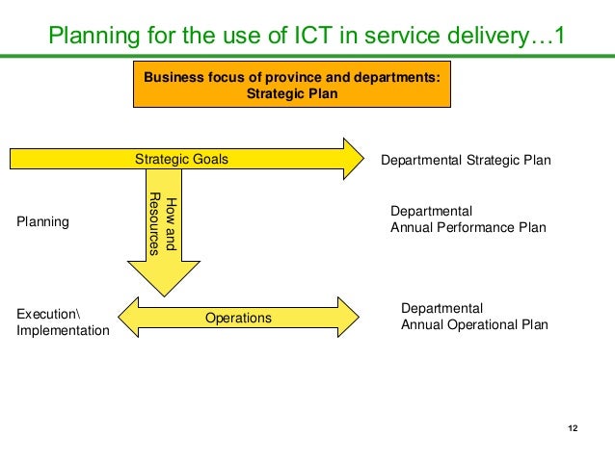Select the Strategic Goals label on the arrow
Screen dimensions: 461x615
[x=181, y=159]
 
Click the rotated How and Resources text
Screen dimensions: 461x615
[x=163, y=224]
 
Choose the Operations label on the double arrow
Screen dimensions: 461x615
[x=238, y=318]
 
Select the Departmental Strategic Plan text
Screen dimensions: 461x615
[x=467, y=160]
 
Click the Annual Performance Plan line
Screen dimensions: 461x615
[x=468, y=228]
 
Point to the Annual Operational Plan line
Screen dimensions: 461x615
[x=474, y=324]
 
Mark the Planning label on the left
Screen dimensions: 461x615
[x=43, y=221]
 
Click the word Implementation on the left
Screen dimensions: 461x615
[x=63, y=330]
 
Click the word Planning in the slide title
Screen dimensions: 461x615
[x=93, y=38]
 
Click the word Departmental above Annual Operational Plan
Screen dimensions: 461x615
[x=441, y=308]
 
